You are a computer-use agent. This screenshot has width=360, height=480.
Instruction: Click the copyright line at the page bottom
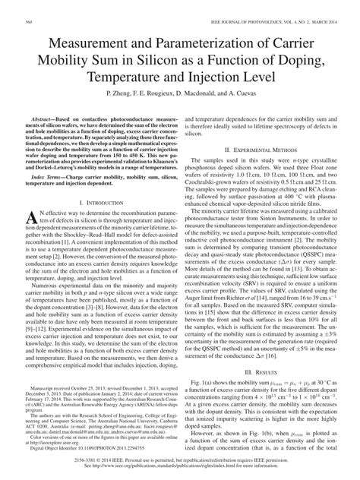180,465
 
